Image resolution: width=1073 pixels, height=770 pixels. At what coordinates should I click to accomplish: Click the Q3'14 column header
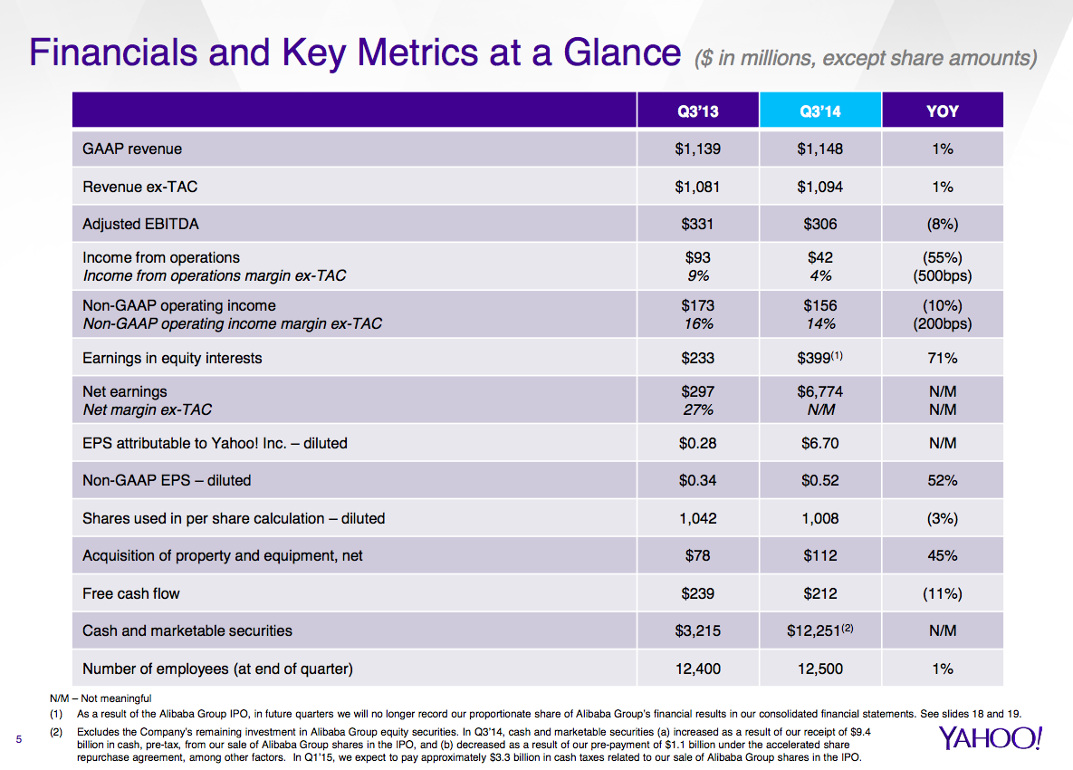(819, 111)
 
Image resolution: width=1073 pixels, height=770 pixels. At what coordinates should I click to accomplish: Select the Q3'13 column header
(697, 111)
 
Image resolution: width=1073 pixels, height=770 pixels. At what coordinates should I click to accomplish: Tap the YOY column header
(943, 111)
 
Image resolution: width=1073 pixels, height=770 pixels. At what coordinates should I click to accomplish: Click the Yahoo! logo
(990, 737)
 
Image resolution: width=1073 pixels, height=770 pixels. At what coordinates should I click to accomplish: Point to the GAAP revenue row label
(132, 149)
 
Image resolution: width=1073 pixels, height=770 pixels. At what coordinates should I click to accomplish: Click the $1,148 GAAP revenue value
(819, 149)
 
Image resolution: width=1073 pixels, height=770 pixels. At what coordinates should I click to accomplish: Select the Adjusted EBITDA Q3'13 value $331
(697, 224)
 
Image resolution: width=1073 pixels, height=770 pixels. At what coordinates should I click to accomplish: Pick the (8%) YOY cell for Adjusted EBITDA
(943, 224)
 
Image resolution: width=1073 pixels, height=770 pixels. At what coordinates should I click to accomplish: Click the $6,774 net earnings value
(819, 391)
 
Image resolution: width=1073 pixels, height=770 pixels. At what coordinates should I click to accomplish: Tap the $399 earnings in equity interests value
(819, 357)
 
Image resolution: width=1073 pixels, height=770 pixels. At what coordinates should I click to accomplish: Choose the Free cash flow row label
(130, 593)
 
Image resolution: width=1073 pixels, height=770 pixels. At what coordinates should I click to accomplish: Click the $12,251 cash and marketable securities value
(819, 630)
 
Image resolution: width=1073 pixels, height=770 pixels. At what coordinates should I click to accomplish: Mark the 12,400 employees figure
(697, 669)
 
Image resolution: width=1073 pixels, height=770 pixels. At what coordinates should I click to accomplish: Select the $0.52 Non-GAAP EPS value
(819, 480)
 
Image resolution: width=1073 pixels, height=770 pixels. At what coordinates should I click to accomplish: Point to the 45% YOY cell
(943, 556)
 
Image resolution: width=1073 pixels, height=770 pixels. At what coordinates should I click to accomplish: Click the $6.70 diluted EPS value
(819, 444)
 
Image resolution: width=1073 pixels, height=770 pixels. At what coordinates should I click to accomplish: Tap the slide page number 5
(18, 739)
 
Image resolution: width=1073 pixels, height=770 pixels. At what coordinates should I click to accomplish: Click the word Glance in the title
(621, 52)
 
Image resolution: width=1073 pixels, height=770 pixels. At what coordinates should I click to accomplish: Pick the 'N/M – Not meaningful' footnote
(101, 698)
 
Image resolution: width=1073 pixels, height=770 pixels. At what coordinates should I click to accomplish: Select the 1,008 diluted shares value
(819, 518)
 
